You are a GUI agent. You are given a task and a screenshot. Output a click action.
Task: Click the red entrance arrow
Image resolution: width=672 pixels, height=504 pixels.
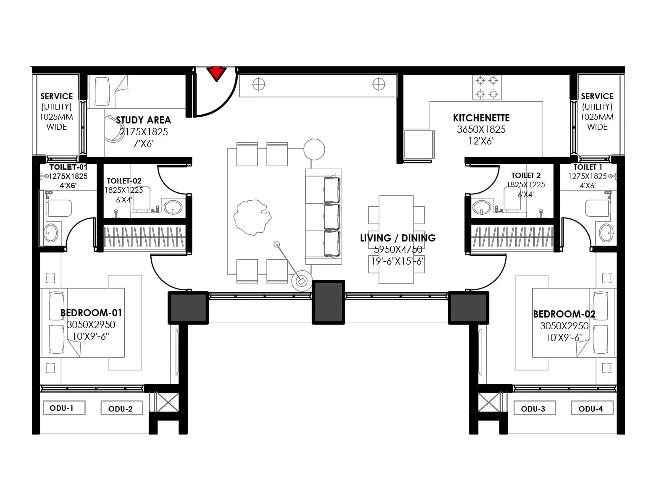pyautogui.click(x=217, y=74)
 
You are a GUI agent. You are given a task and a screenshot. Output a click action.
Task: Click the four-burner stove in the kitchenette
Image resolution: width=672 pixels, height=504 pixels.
pyautogui.click(x=487, y=87)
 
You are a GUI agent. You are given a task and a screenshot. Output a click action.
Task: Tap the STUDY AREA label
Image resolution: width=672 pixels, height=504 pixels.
pyautogui.click(x=143, y=120)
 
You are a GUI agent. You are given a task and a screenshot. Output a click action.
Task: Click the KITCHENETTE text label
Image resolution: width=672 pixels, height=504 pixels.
pyautogui.click(x=481, y=118)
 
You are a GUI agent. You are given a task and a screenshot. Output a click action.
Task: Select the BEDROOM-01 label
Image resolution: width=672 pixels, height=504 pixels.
pyautogui.click(x=91, y=313)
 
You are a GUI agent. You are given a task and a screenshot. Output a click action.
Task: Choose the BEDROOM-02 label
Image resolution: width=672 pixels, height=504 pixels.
pyautogui.click(x=564, y=314)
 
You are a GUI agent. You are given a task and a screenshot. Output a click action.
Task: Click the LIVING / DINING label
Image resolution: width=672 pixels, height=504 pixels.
pyautogui.click(x=398, y=238)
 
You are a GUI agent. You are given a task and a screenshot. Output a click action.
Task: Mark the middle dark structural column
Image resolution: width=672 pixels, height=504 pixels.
pyautogui.click(x=328, y=302)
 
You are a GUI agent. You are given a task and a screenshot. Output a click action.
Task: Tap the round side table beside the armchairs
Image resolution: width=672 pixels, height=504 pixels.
pyautogui.click(x=314, y=149)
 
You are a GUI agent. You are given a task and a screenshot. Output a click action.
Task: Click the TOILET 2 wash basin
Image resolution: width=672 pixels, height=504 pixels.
pyautogui.click(x=481, y=207)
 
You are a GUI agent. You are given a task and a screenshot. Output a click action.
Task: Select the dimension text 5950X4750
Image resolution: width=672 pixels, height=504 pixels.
pyautogui.click(x=398, y=249)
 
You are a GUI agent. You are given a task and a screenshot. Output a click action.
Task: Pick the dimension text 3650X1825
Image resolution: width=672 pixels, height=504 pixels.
pyautogui.click(x=481, y=130)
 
